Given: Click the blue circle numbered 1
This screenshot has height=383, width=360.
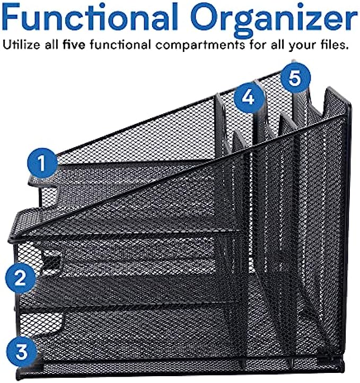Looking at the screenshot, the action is (42, 163).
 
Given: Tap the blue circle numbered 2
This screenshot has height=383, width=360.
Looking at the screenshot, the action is (21, 278).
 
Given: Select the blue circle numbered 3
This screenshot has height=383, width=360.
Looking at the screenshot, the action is (21, 352).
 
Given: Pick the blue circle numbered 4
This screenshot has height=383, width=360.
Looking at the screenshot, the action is (249, 97).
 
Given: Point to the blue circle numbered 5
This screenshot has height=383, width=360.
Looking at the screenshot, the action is (295, 78).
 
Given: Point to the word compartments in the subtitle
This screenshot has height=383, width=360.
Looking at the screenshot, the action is (200, 46).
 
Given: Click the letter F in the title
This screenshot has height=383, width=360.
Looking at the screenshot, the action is (11, 17).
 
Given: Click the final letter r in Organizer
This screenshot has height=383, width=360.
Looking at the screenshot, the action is (350, 21).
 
